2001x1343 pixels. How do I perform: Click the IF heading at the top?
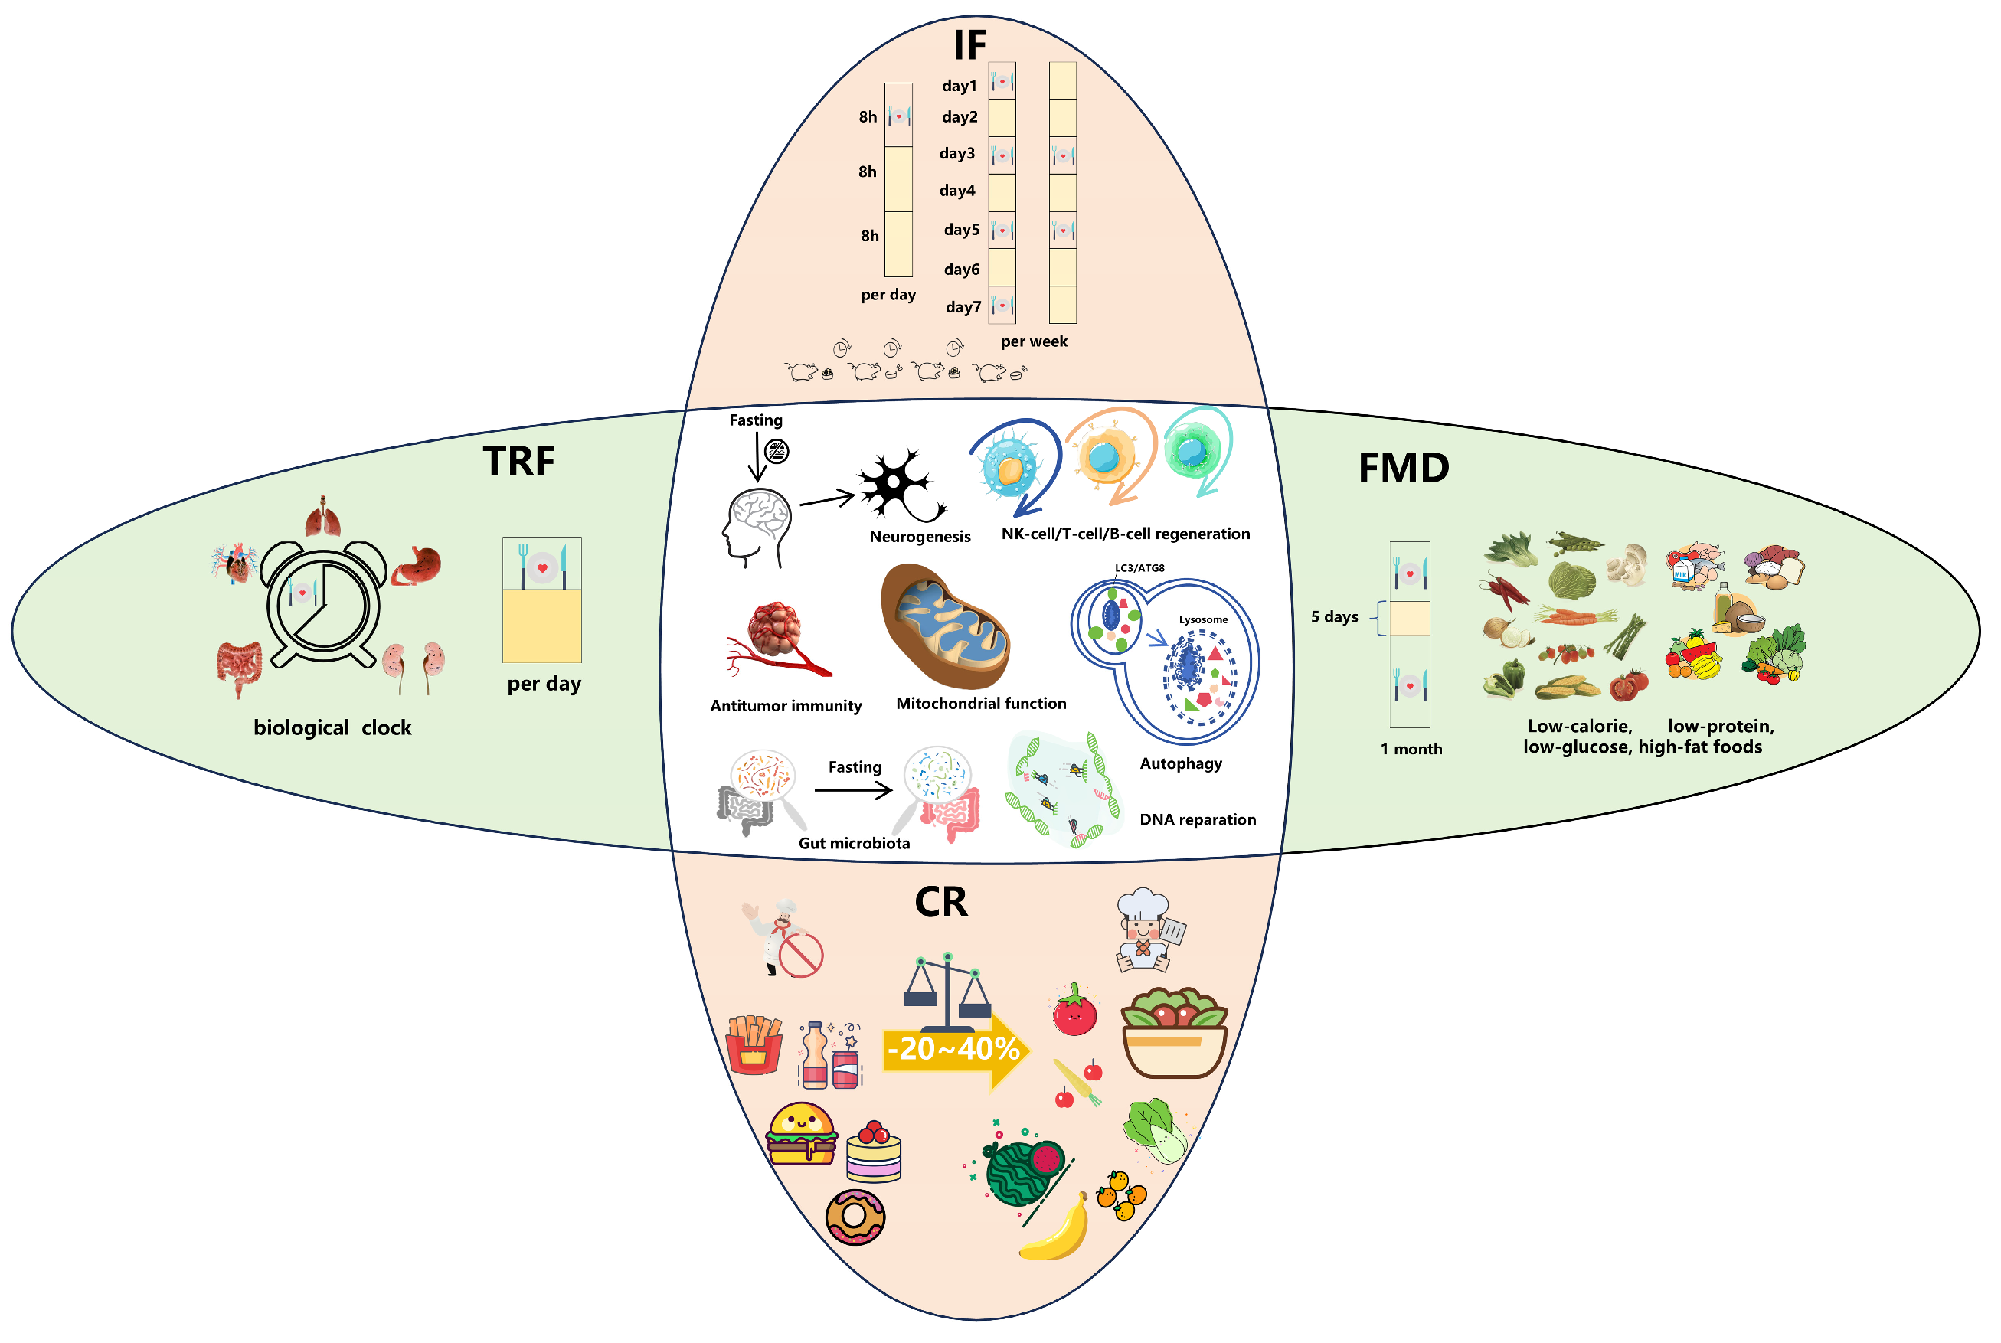pyautogui.click(x=970, y=44)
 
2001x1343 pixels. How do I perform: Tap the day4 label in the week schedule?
pyautogui.click(x=958, y=190)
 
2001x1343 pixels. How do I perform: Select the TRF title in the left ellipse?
pyautogui.click(x=518, y=462)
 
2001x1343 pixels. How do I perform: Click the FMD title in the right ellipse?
pyautogui.click(x=1404, y=469)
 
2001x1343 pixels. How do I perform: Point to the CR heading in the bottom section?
pyautogui.click(x=940, y=902)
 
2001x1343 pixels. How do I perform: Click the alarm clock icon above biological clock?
pyautogui.click(x=323, y=604)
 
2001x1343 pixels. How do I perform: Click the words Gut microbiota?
pyautogui.click(x=854, y=844)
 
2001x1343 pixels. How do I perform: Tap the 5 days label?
pyautogui.click(x=1334, y=616)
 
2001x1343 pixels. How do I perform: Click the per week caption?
pyautogui.click(x=1034, y=341)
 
